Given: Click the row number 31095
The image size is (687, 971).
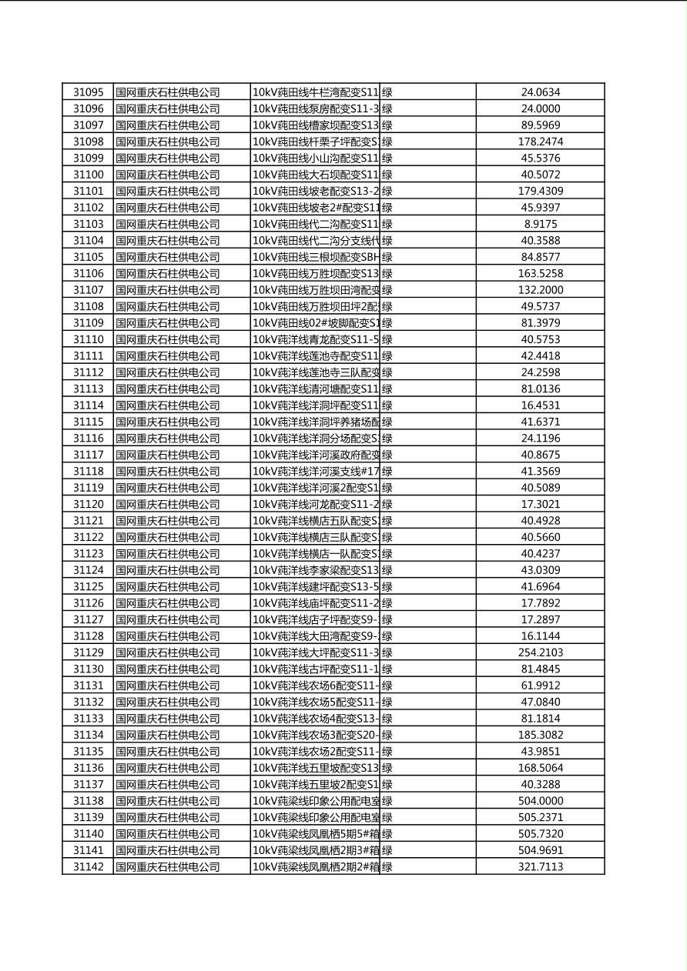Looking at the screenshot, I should (88, 92).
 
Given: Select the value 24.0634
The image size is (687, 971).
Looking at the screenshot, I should (541, 92).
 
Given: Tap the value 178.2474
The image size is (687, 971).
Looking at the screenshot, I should (541, 142).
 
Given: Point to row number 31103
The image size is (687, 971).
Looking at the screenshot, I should (88, 224).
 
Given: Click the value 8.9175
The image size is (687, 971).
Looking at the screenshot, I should (541, 224).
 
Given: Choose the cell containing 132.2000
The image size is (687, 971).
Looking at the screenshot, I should (541, 290).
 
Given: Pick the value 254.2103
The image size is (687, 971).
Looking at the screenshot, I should (541, 652).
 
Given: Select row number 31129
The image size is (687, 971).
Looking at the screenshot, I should (88, 652).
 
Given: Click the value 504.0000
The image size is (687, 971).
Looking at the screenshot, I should (541, 801).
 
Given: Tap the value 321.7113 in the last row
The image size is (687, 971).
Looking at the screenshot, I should (541, 866).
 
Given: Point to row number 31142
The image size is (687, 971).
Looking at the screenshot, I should (88, 866).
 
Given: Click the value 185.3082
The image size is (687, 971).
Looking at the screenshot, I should (541, 735).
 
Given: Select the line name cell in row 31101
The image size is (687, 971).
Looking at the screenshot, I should (316, 191).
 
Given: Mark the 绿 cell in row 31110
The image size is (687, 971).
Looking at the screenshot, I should (387, 339).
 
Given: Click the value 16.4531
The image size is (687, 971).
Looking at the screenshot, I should (541, 405).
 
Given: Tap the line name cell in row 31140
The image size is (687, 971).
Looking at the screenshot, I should (316, 834).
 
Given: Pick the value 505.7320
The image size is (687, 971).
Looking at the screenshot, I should (541, 834).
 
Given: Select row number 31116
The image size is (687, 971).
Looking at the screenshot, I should (88, 439).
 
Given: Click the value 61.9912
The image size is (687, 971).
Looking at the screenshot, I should (541, 686).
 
